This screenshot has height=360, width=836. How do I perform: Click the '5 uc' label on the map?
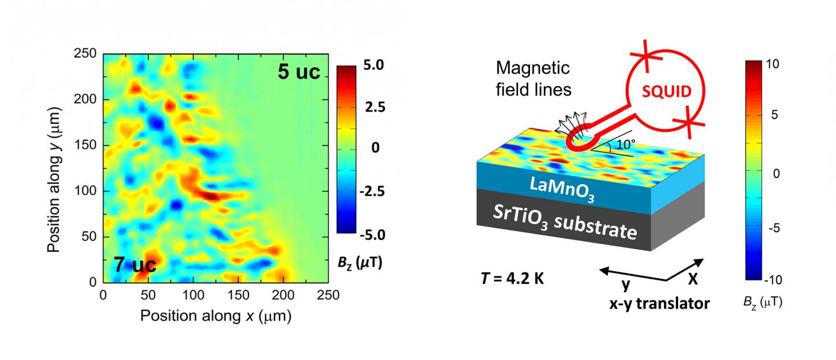[299, 74]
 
